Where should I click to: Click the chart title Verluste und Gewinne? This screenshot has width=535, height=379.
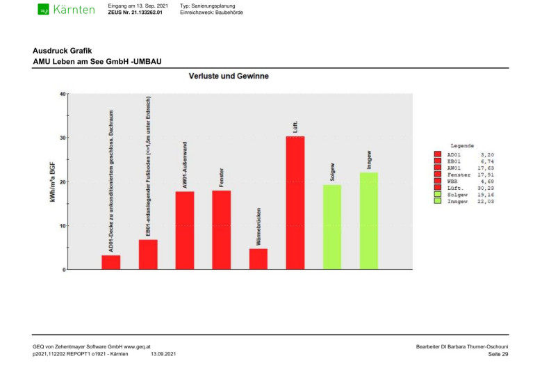(x=229, y=76)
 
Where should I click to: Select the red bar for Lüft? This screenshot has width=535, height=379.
(x=295, y=202)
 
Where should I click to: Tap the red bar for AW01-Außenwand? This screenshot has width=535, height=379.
(x=185, y=230)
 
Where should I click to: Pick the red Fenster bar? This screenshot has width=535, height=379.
(x=222, y=229)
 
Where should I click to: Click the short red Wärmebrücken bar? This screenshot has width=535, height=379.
(x=258, y=259)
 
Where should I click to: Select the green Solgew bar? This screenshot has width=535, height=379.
(x=332, y=227)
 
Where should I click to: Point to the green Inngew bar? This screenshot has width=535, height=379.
(x=369, y=220)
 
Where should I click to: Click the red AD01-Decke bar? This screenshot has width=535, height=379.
(x=111, y=262)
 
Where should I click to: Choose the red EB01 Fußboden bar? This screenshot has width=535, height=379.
(x=148, y=255)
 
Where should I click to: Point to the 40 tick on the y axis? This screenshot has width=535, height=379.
(x=62, y=94)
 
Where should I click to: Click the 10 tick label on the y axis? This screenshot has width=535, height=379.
(x=62, y=226)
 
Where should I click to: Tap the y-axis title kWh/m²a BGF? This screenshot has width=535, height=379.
(x=51, y=182)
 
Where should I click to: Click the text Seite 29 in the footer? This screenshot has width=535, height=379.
(x=499, y=355)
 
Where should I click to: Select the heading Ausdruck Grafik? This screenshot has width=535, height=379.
(x=63, y=51)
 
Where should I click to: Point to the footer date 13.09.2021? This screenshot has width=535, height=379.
(x=163, y=355)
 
